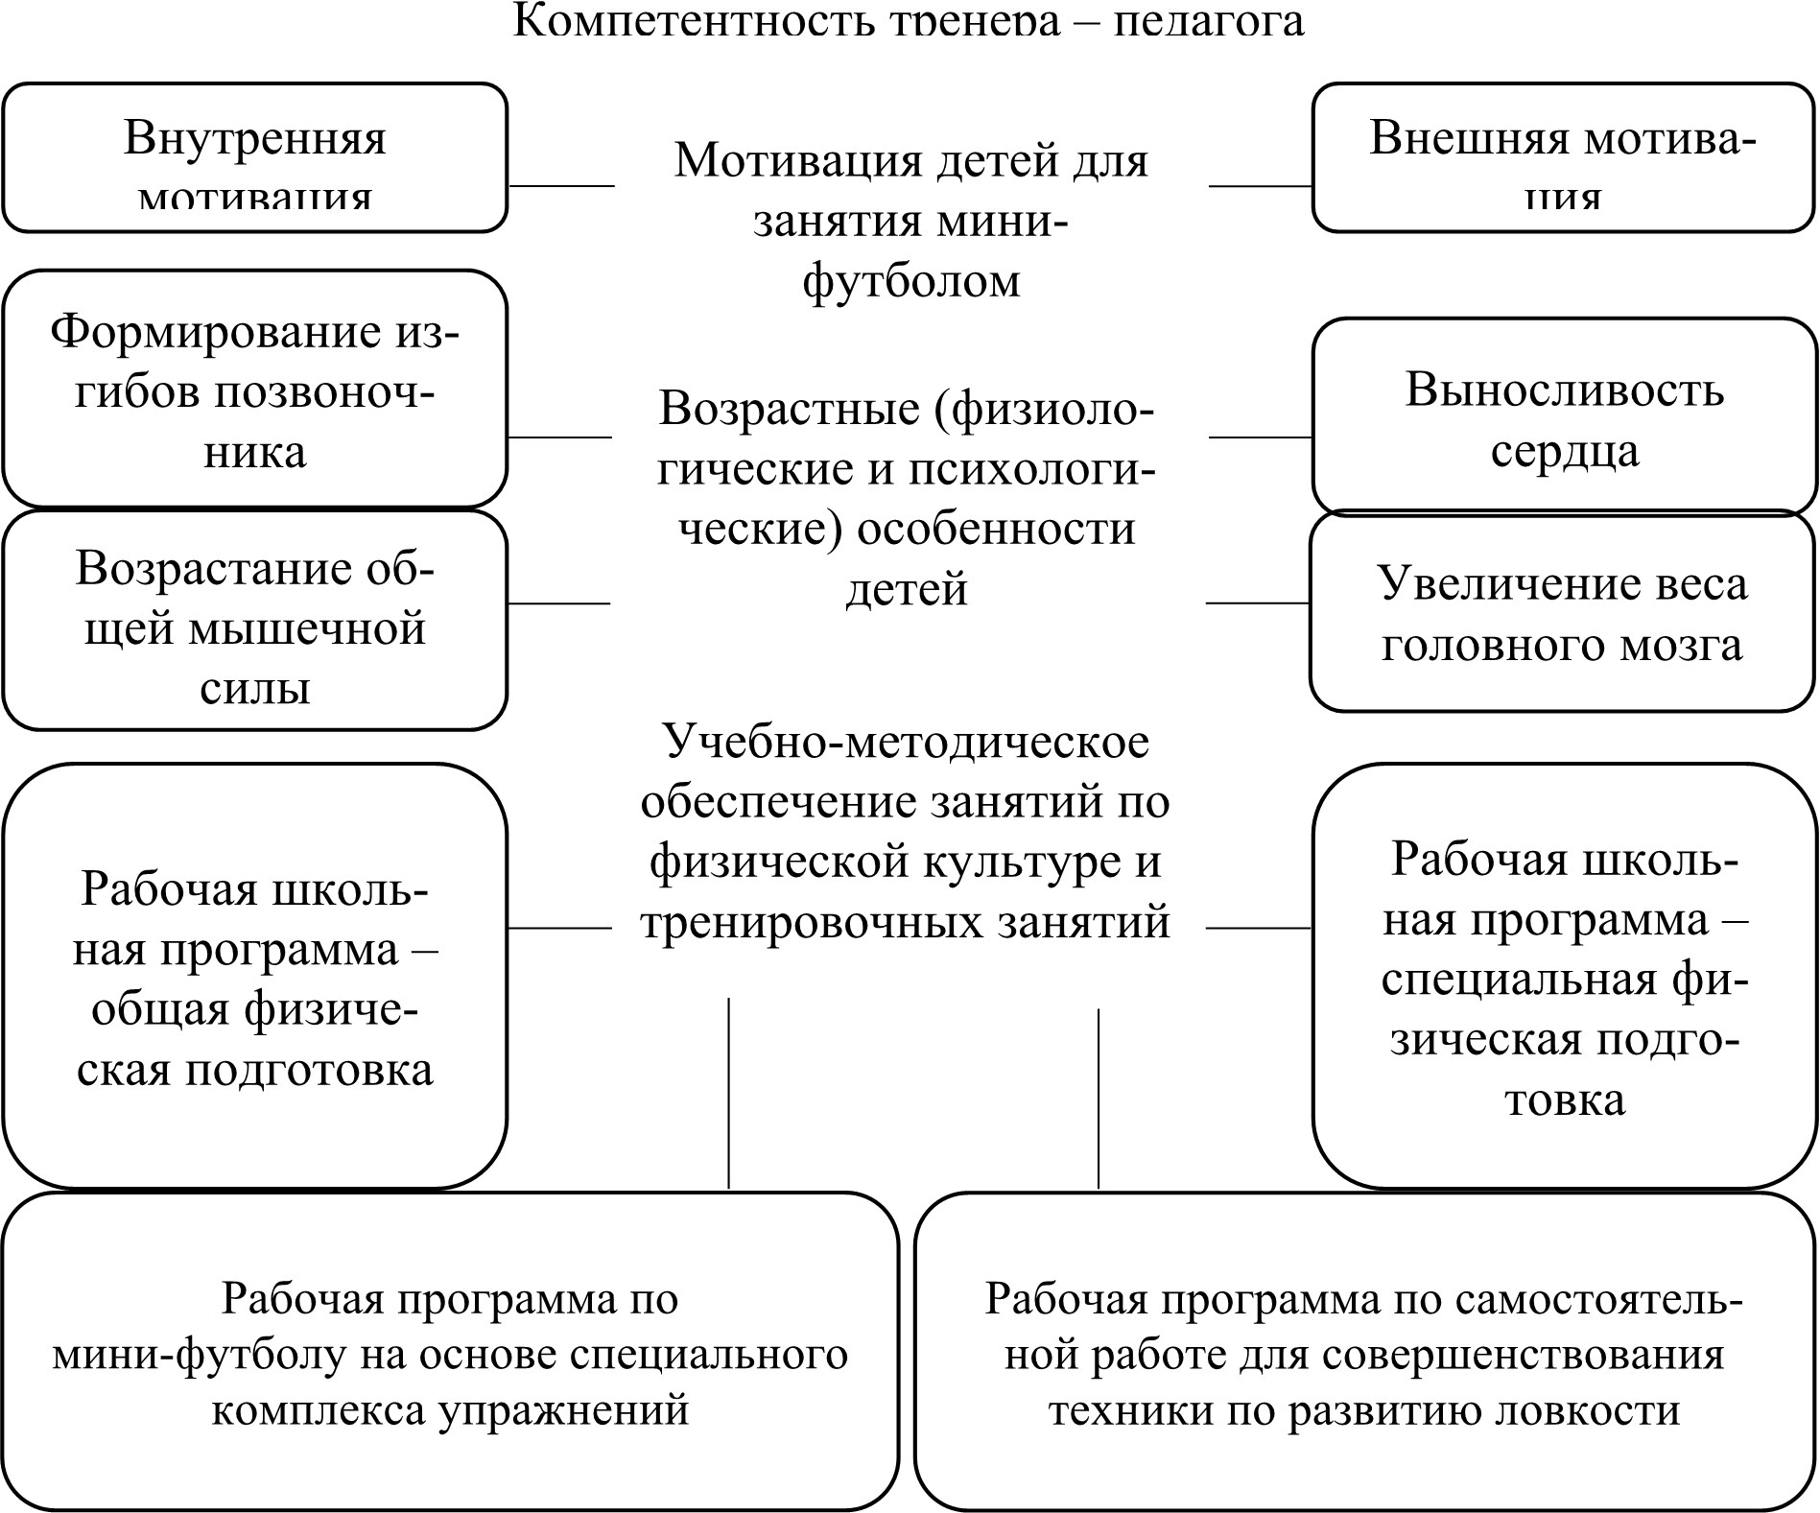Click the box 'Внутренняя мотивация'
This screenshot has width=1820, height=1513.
tap(254, 158)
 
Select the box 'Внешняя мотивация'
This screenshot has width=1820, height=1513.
tap(1563, 158)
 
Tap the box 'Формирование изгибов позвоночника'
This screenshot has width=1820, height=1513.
tap(254, 389)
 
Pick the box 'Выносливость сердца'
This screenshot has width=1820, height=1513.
tap(1564, 417)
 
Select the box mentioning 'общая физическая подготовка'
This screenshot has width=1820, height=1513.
tap(254, 977)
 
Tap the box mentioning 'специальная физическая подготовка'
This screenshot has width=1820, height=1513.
tap(1564, 977)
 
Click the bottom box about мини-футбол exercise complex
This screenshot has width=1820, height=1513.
tap(450, 1353)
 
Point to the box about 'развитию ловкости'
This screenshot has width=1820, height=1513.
tap(1364, 1353)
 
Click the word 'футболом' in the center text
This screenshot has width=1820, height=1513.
tap(910, 281)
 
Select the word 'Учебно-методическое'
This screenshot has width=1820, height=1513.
tap(906, 742)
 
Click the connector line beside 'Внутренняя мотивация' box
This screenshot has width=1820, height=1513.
tap(561, 186)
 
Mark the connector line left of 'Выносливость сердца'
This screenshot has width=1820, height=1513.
tap(1260, 437)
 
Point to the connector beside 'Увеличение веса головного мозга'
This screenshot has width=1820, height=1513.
tap(1257, 603)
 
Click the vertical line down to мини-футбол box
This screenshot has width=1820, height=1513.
tap(729, 1094)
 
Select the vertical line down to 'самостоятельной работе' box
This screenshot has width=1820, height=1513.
tap(1099, 1099)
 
